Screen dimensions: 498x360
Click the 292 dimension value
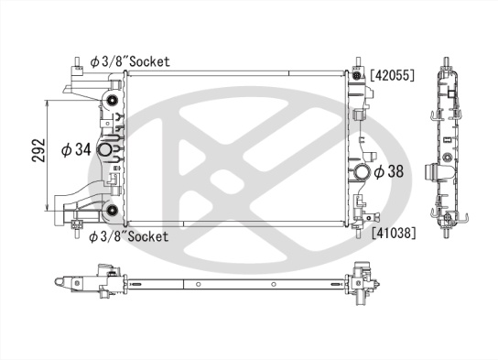click(x=38, y=150)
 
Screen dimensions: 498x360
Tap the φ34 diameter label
click(x=76, y=149)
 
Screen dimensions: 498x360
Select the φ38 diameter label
click(x=389, y=171)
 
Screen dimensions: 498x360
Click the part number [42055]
click(x=393, y=75)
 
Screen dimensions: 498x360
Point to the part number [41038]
click(x=394, y=234)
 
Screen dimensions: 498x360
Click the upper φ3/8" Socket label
click(x=130, y=61)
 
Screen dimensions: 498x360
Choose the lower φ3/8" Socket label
click(x=129, y=236)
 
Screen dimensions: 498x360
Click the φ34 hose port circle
click(x=104, y=150)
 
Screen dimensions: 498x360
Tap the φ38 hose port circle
click(x=362, y=171)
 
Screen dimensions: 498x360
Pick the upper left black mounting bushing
click(x=112, y=101)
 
